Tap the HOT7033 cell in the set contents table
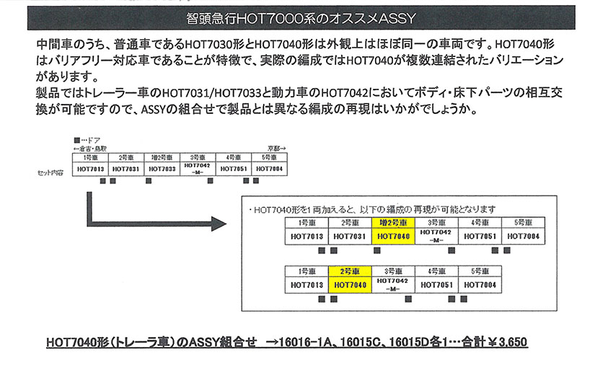162,169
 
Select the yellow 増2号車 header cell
393,223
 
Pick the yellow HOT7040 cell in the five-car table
350,285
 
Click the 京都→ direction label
276,149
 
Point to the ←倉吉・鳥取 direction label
90,149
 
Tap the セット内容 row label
50,172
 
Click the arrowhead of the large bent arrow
219,224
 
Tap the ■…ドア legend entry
87,140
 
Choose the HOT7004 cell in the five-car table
480,285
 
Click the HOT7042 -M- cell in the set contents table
198,169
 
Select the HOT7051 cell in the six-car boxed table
480,236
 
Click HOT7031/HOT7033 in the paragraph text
211,93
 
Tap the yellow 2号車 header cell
350,271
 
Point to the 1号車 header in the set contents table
90,157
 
